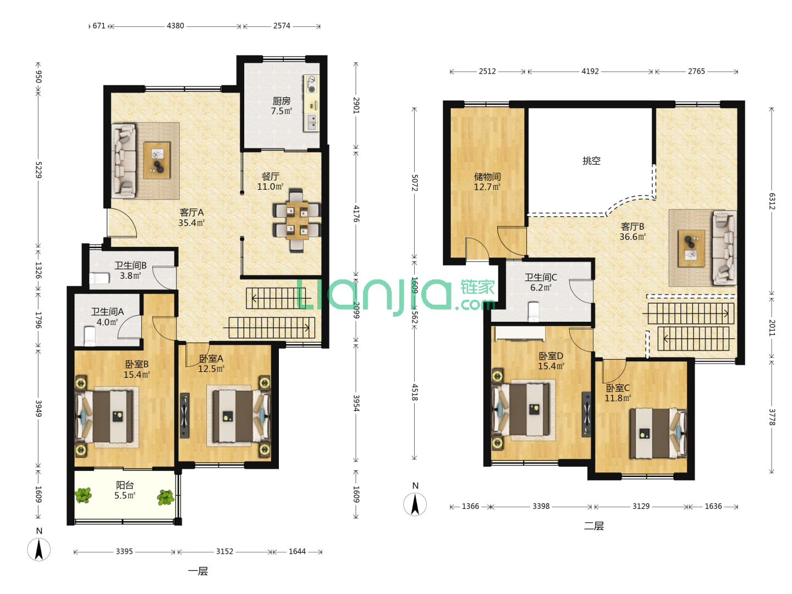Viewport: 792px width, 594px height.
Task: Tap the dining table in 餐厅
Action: point(297,221)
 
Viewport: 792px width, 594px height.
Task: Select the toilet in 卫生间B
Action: point(99,278)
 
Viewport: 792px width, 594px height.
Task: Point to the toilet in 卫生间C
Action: point(533,312)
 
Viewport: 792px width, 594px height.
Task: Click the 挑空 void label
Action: point(591,161)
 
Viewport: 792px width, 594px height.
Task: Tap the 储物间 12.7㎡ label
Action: point(487,182)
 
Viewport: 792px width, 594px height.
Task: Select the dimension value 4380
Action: point(175,26)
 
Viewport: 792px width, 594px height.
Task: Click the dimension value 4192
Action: point(590,71)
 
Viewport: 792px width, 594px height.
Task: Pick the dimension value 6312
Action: point(772,201)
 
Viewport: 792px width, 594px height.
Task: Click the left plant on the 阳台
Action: point(84,495)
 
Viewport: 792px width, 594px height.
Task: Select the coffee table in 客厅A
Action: point(157,160)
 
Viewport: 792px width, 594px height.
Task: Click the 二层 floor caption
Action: point(594,526)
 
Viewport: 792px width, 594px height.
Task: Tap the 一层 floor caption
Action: point(198,571)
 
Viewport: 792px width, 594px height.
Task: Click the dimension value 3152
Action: point(224,552)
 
